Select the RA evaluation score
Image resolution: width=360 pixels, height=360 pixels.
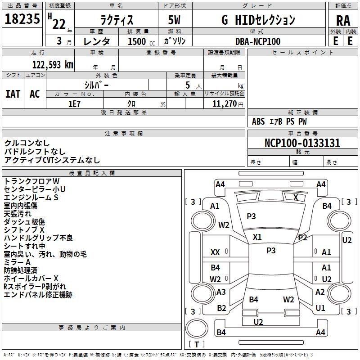coord(343,21)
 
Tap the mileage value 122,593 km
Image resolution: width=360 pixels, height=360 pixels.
coord(53,65)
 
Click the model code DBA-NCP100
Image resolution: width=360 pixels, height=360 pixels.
coord(258,41)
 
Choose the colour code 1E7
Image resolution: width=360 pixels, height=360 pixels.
coord(74,103)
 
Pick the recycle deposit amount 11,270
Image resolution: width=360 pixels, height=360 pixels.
coord(224,103)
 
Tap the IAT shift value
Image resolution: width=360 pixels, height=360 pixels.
coord(13,94)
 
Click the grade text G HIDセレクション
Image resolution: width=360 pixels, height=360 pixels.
coord(258,20)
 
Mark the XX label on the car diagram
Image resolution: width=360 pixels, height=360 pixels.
coord(216,253)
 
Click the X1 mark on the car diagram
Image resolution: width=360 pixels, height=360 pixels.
coord(257,237)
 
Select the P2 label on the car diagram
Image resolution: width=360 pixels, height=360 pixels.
coord(302,238)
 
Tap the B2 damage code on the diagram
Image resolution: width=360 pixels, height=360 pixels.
coord(221,308)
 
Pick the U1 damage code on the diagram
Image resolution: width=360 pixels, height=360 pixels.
coord(320,308)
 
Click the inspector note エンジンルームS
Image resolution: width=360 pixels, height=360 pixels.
coord(31,198)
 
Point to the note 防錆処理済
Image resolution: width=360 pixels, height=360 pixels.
coord(20,270)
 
